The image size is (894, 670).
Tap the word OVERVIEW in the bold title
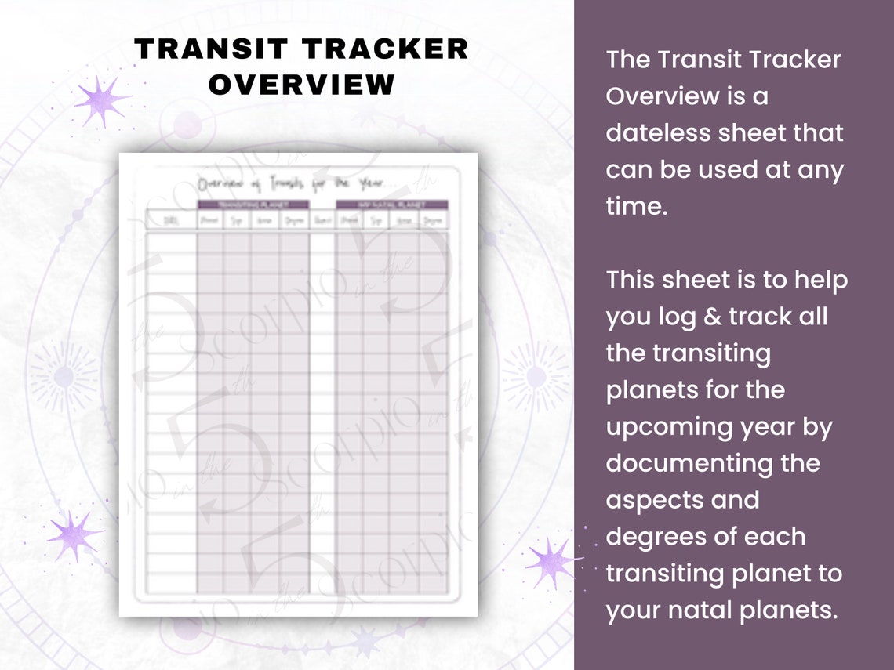tap(302, 85)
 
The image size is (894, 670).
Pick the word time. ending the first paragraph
tap(635, 206)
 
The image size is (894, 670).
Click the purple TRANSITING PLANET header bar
tap(253, 205)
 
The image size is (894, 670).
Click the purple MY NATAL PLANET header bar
tap(391, 205)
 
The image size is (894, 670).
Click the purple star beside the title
tap(102, 101)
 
